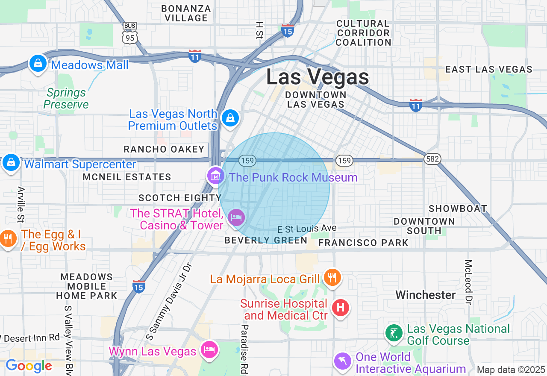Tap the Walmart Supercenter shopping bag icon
point(11,163)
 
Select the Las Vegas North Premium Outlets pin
point(230,117)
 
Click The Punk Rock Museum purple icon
point(216,175)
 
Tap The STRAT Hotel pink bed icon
point(236,217)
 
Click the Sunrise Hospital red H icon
point(341,307)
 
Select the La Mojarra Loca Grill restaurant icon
point(332,277)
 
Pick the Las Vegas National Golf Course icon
point(394,333)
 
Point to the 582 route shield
point(432,159)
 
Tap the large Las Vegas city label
point(318,77)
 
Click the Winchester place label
point(425,295)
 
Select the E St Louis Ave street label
point(307,229)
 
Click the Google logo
point(29,366)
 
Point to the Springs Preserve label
point(66,98)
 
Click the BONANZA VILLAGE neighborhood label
point(186,13)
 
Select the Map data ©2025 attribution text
point(511,370)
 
